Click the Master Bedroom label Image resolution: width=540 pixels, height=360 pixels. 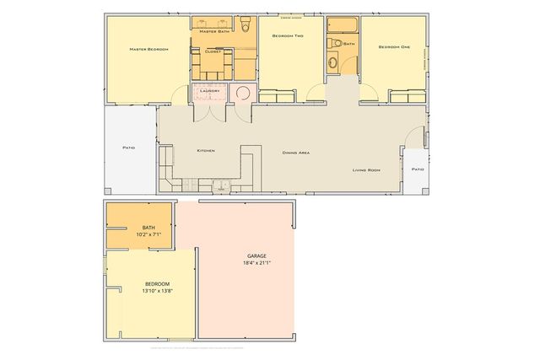[x=148, y=50]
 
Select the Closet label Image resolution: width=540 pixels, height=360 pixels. [x=213, y=51]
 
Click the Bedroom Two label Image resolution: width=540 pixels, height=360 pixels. [x=289, y=36]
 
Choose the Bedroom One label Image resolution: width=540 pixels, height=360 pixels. [x=393, y=47]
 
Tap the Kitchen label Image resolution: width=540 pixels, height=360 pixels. [x=206, y=150]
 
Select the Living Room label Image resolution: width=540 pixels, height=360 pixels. [x=366, y=170]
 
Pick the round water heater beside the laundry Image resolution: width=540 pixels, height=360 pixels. [x=243, y=93]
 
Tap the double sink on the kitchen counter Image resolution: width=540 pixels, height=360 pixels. [x=219, y=185]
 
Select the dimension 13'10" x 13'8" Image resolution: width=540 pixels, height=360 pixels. [x=158, y=291]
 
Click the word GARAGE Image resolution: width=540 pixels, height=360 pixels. [x=256, y=255]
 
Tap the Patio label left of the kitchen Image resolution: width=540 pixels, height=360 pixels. [x=129, y=148]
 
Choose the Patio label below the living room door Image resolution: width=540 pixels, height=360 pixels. [x=417, y=169]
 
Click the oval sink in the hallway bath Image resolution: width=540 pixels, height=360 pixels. [x=333, y=60]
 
